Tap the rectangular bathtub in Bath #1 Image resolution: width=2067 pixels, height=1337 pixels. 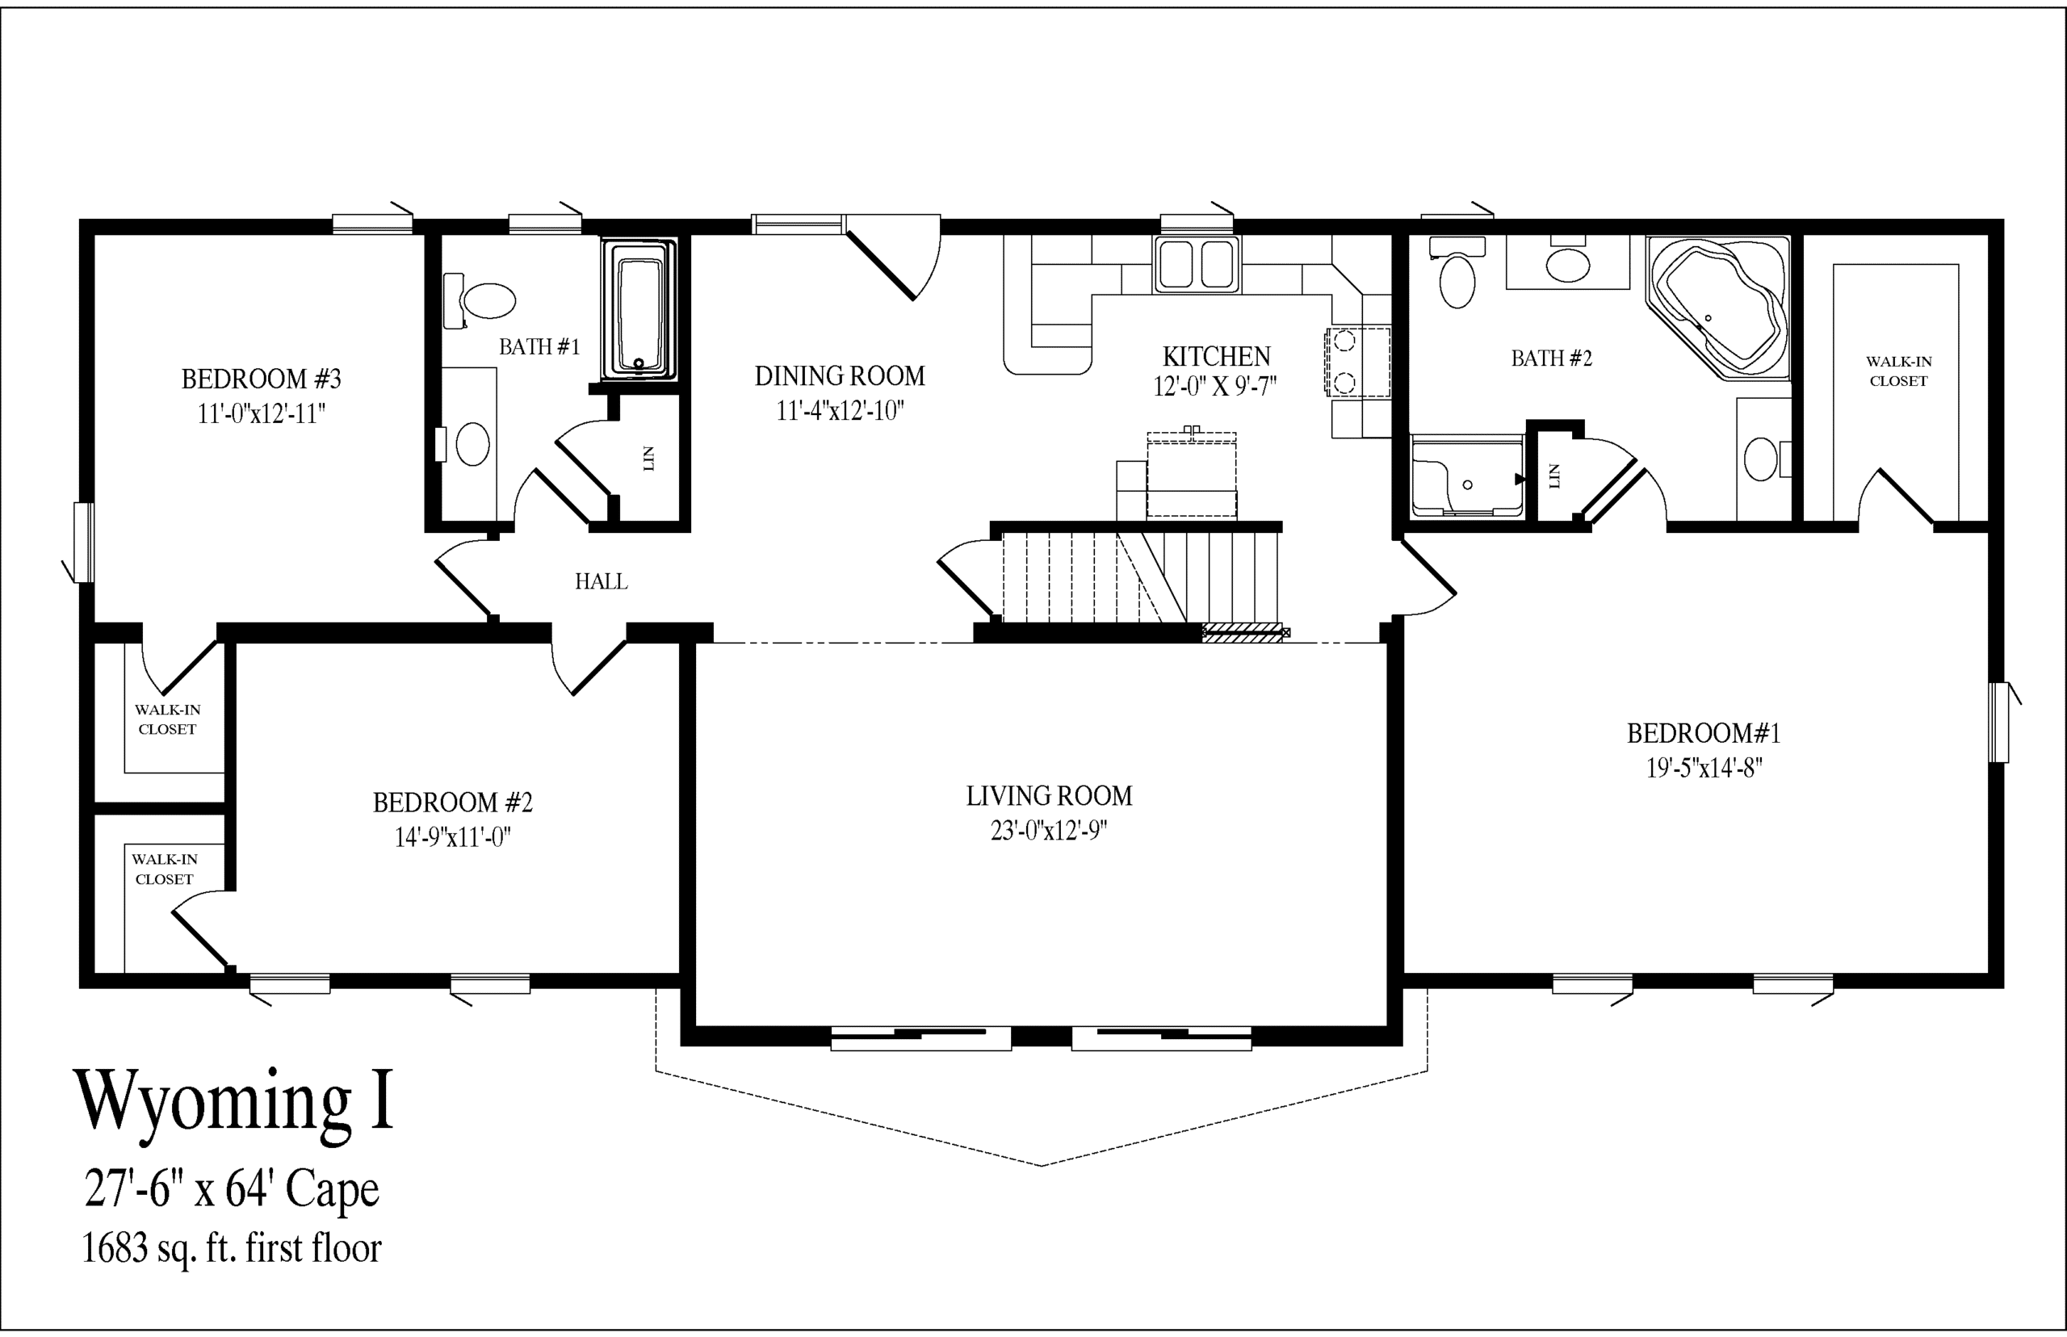639,309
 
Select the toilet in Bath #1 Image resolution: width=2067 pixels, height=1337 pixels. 479,301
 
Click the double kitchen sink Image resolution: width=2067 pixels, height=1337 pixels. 1197,264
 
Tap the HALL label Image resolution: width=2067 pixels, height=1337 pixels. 601,581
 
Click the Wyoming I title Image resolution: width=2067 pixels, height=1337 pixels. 234,1102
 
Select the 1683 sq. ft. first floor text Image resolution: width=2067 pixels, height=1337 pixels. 231,1248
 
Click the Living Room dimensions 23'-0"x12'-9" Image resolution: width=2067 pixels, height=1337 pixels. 1049,831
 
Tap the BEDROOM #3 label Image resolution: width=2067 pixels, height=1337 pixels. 262,379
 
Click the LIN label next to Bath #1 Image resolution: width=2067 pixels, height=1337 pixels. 648,459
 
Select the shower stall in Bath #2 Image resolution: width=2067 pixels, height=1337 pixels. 1467,477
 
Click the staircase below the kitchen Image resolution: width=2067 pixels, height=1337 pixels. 1140,576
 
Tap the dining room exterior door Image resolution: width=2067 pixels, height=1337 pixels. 894,256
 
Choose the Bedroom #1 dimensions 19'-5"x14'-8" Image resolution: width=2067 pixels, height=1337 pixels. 1704,769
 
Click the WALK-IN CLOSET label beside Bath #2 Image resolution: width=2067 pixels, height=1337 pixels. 1898,371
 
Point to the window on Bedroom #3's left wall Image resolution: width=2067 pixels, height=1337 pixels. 83,543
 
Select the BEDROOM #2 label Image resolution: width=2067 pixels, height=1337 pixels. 452,803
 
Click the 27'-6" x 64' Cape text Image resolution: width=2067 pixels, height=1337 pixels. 232,1189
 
